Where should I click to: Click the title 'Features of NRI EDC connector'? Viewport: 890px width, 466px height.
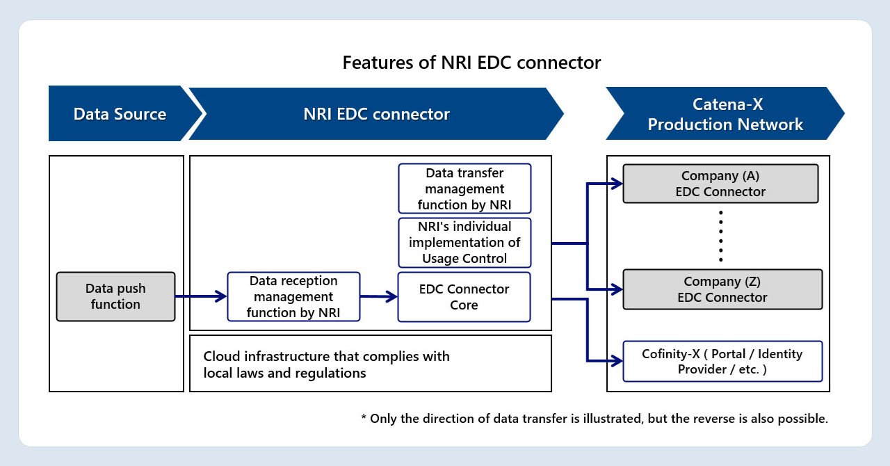[x=471, y=63]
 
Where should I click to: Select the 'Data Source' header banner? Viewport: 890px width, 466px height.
[x=120, y=114]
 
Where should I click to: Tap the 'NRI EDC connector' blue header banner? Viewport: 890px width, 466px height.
[x=376, y=114]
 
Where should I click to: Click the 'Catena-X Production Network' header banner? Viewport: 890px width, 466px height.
[x=725, y=114]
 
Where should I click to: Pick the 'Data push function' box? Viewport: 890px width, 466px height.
[x=115, y=296]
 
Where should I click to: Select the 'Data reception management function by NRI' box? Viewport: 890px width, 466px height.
[x=293, y=296]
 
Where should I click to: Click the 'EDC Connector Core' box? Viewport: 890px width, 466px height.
[x=464, y=296]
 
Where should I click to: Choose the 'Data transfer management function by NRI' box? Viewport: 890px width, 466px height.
[x=464, y=188]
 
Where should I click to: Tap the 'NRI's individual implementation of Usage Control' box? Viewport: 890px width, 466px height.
[x=464, y=243]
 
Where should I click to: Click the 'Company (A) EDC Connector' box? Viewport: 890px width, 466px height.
[x=720, y=184]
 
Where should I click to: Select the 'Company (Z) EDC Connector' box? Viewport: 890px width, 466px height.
[x=722, y=289]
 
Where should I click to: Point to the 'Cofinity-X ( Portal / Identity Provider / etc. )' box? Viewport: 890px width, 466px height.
[x=722, y=361]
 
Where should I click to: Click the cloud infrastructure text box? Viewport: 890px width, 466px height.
[x=370, y=364]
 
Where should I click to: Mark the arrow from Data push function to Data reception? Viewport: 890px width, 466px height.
[x=201, y=296]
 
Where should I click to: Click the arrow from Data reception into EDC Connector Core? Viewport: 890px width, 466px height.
[x=379, y=296]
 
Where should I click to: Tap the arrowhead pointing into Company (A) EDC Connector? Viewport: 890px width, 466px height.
[x=617, y=184]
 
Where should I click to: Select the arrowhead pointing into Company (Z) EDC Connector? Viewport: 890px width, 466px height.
[x=617, y=289]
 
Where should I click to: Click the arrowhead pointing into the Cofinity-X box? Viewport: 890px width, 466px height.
[x=617, y=361]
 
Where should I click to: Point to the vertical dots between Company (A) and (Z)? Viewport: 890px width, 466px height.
[x=721, y=236]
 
